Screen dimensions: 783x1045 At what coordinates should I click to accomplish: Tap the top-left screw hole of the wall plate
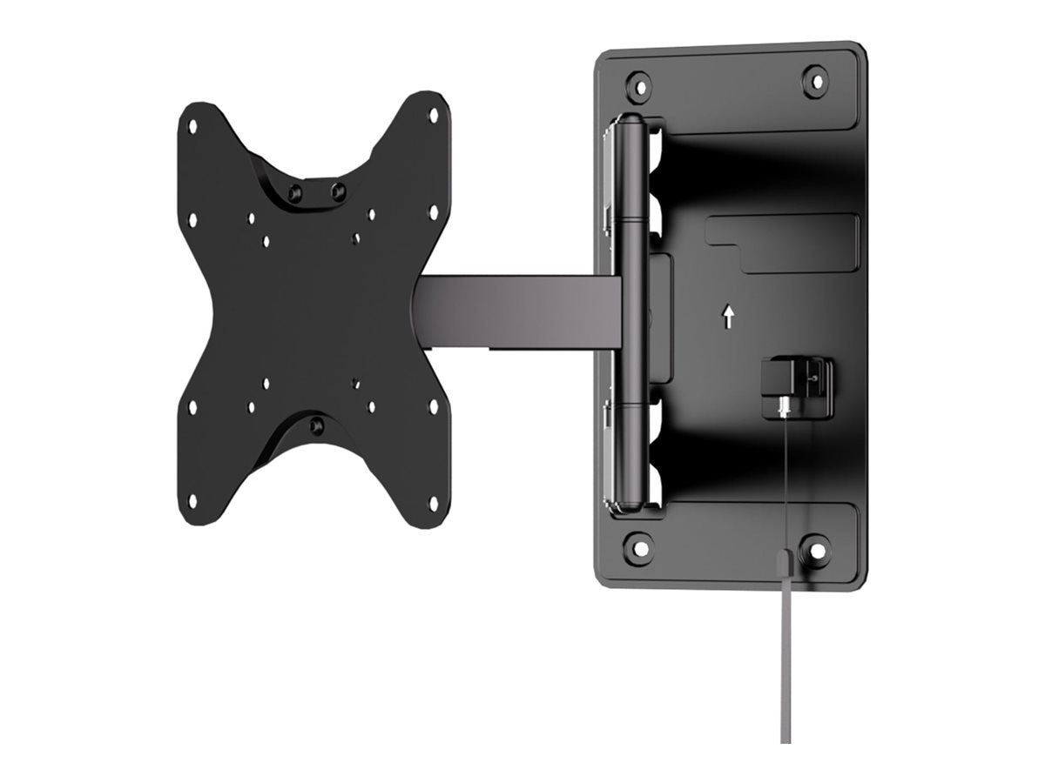click(638, 85)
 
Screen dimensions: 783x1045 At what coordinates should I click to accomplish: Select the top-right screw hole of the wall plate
click(815, 81)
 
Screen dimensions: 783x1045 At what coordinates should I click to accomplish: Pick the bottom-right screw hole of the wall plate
click(816, 550)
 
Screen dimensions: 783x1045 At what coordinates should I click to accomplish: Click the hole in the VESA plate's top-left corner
click(192, 126)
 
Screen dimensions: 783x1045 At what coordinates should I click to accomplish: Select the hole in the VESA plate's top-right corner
click(433, 115)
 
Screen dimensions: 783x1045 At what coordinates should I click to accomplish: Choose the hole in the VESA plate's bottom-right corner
click(433, 502)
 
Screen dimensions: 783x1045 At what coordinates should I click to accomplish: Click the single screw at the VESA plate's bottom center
click(317, 425)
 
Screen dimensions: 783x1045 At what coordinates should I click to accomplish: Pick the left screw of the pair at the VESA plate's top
click(295, 192)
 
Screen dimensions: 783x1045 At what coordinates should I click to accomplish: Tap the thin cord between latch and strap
click(786, 478)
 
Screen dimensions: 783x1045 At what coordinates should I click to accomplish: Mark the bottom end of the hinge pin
click(632, 505)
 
